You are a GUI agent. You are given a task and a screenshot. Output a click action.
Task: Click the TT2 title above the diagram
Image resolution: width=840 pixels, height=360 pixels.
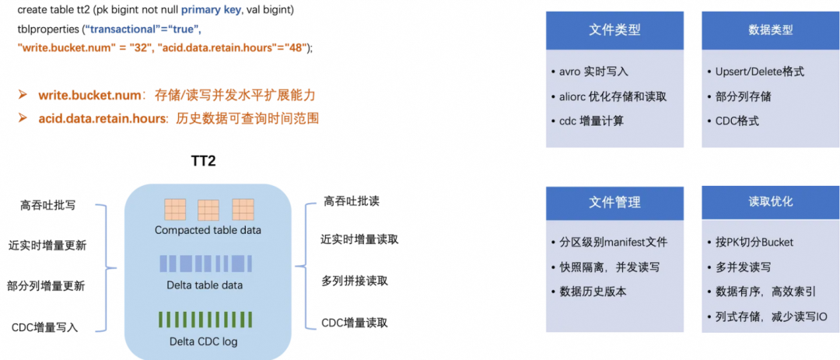coord(203,161)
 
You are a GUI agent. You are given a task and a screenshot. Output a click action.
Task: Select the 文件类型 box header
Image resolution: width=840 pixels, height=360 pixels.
coord(614,30)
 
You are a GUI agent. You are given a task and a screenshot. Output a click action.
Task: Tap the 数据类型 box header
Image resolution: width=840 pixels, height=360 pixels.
coord(770,30)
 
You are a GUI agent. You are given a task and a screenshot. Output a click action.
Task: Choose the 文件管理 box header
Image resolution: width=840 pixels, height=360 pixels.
coord(614,202)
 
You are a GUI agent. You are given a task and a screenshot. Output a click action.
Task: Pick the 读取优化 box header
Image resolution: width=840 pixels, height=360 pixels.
coord(770,201)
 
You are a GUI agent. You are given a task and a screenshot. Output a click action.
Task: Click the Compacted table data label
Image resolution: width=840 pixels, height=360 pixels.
coord(208,230)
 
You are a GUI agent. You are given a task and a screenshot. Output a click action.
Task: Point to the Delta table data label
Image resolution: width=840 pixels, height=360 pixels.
coord(205,285)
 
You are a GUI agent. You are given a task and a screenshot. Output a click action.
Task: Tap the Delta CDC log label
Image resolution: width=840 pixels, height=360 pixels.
coord(204,341)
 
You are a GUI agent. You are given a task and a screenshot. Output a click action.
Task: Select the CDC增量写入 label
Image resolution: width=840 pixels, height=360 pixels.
coord(45,327)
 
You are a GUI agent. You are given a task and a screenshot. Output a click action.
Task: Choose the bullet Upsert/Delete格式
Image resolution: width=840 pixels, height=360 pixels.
coord(759,72)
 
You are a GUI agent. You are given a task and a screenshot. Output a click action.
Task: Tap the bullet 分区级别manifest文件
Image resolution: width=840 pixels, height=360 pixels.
coord(613,242)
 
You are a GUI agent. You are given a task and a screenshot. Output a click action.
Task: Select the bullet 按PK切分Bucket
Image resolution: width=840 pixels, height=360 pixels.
coord(754,242)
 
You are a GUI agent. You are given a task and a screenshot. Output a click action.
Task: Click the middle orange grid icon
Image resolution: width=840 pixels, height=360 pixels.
coord(208,211)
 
